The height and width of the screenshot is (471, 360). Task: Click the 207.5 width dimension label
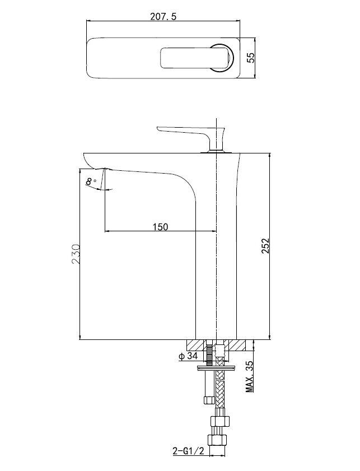[x=163, y=16]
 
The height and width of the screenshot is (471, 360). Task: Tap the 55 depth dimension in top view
[x=250, y=57]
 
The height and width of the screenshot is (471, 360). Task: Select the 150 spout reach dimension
[x=161, y=226]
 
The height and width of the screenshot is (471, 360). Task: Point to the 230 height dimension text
[x=76, y=254]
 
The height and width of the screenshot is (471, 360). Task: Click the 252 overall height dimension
[x=265, y=246]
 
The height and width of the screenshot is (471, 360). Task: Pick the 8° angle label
[x=91, y=181]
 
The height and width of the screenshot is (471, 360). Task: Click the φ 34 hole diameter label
[x=188, y=356]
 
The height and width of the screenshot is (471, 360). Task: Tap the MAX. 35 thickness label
[x=250, y=377]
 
